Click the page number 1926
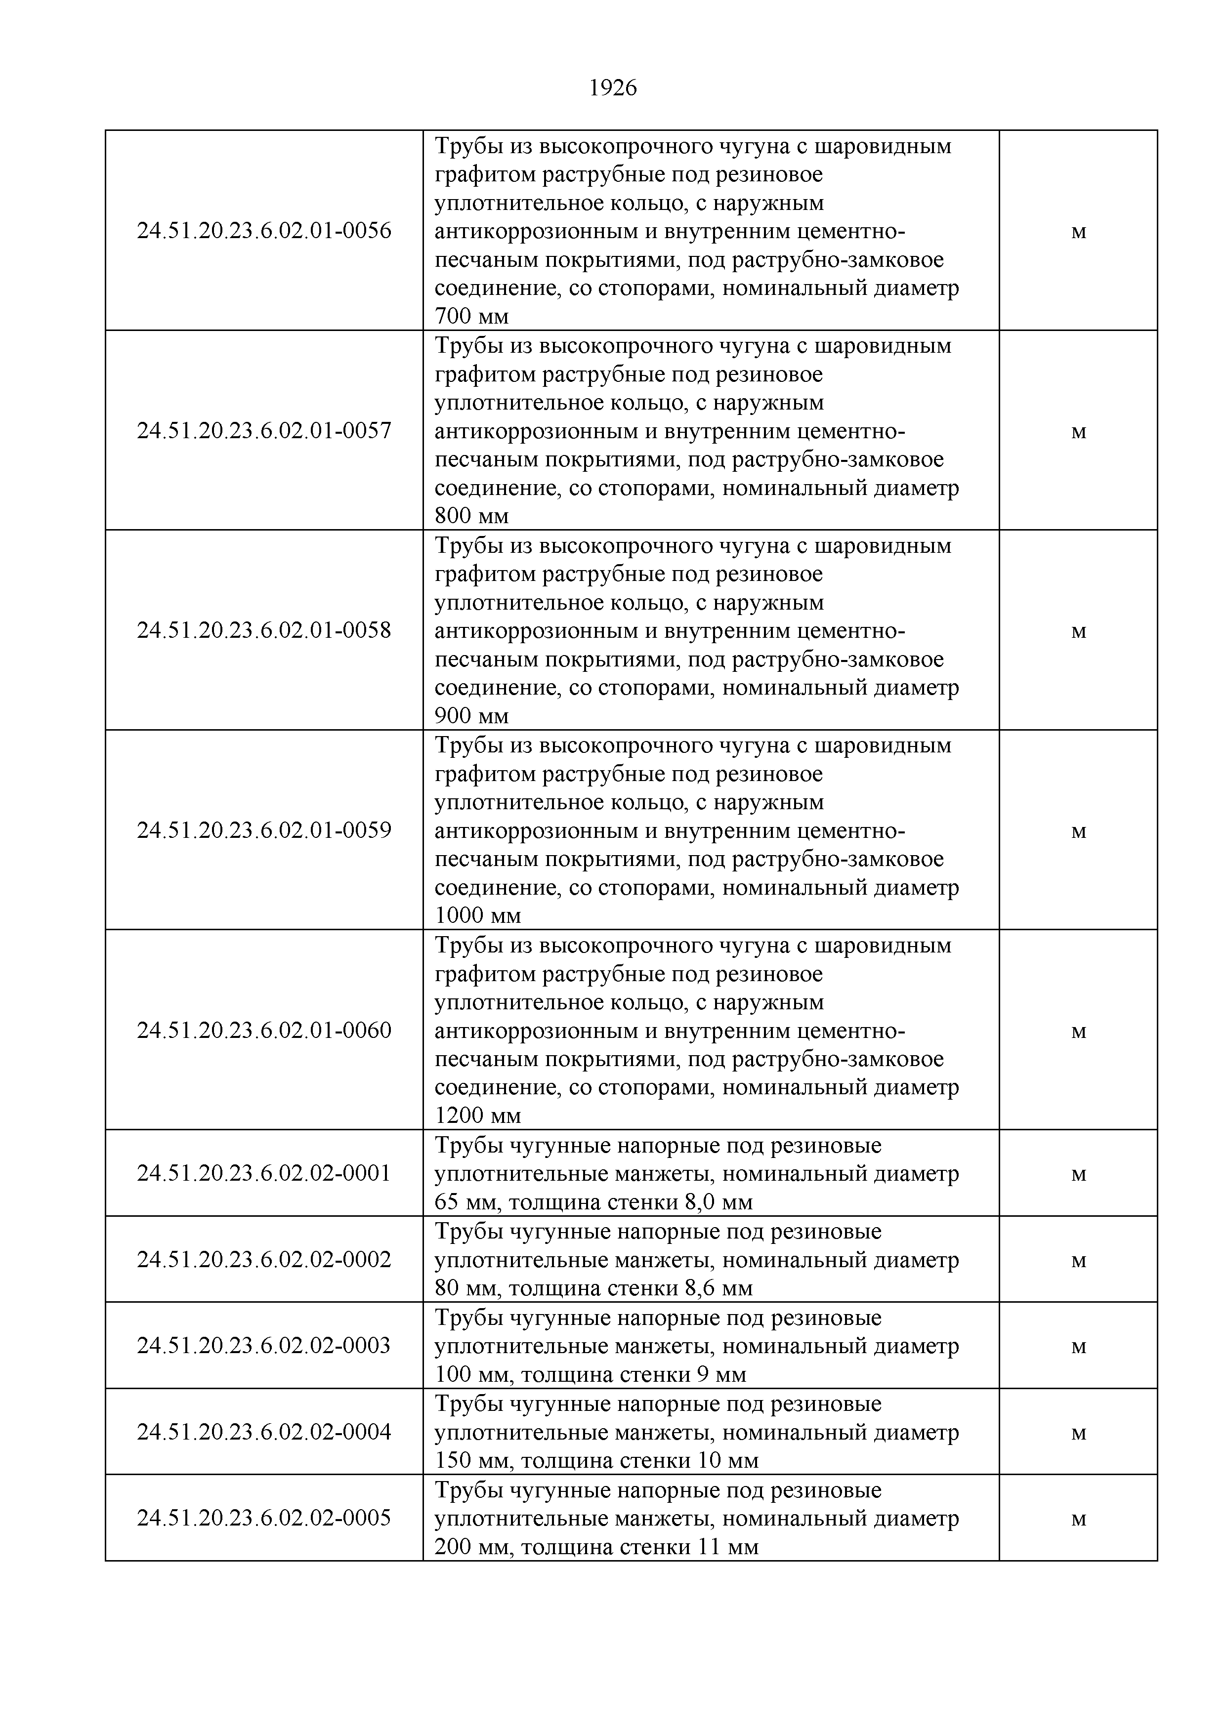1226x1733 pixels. pyautogui.click(x=612, y=89)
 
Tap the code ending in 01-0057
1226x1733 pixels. pyautogui.click(x=264, y=431)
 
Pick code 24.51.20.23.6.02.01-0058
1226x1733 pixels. pyautogui.click(x=264, y=630)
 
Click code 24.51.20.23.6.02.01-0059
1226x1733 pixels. pyautogui.click(x=264, y=830)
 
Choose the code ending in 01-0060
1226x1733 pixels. pyautogui.click(x=264, y=1031)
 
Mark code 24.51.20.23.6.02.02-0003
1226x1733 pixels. pyautogui.click(x=264, y=1345)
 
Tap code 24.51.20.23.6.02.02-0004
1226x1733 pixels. pyautogui.click(x=264, y=1432)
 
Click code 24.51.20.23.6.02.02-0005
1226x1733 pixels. pyautogui.click(x=264, y=1518)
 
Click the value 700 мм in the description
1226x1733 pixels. pyautogui.click(x=472, y=316)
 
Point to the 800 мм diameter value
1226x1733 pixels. pyautogui.click(x=472, y=516)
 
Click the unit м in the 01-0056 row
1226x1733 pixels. pyautogui.click(x=1079, y=232)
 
